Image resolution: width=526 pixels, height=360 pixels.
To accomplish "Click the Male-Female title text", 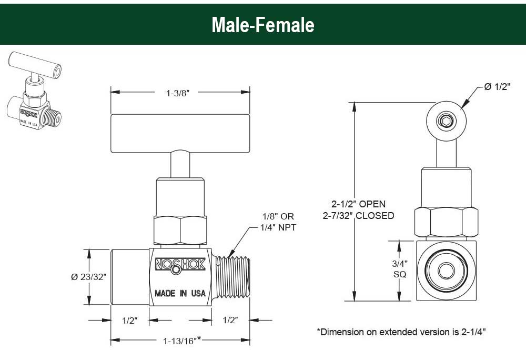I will pos(262,25).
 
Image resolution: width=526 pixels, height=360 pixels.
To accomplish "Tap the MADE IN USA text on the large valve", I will pos(180,293).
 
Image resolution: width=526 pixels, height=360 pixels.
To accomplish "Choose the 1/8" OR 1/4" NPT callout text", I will pos(278,222).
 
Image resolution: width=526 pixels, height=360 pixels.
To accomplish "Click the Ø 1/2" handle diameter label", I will pos(497,87).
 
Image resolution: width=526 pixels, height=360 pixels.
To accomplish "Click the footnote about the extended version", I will pos(401,332).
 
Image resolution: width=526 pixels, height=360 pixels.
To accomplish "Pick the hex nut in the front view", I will pos(179,229).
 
